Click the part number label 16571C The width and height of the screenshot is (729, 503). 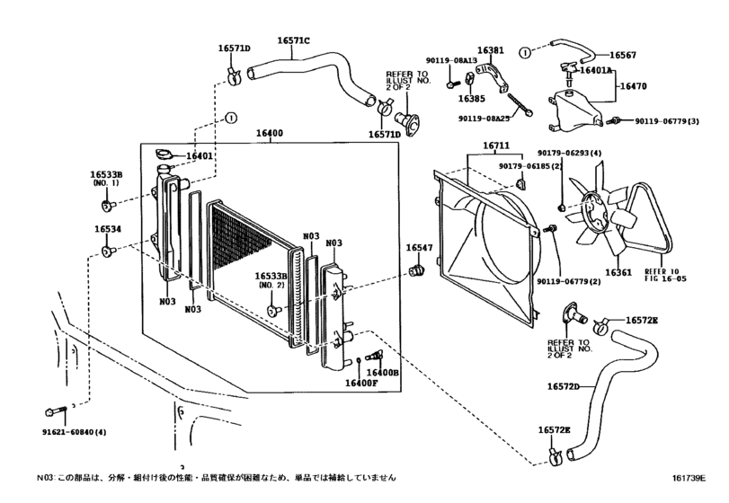293,40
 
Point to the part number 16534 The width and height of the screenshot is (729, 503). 108,230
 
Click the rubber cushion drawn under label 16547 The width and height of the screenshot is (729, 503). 417,270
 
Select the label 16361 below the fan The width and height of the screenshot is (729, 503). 619,272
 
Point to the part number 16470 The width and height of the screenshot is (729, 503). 635,89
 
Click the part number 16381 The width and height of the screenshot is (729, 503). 491,51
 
